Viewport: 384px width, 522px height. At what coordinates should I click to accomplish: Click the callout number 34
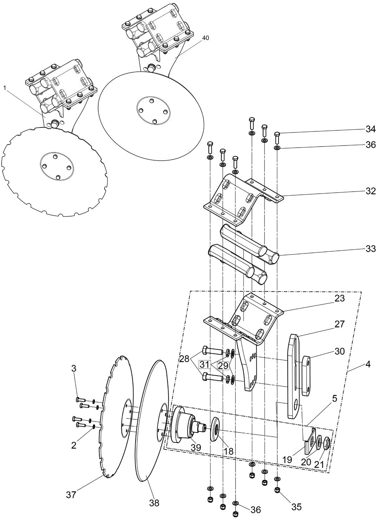point(370,129)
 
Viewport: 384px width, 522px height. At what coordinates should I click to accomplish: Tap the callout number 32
point(370,191)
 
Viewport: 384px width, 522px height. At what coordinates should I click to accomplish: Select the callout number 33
point(370,249)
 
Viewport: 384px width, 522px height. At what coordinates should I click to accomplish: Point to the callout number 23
point(339,298)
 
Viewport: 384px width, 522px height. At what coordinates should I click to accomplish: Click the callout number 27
point(339,324)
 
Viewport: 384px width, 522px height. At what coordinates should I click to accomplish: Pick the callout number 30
point(339,351)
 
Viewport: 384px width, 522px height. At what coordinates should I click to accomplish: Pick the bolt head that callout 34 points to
point(277,134)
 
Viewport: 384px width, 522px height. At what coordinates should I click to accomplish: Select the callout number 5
point(334,398)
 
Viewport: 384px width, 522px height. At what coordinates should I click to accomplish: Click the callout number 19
point(287,460)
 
